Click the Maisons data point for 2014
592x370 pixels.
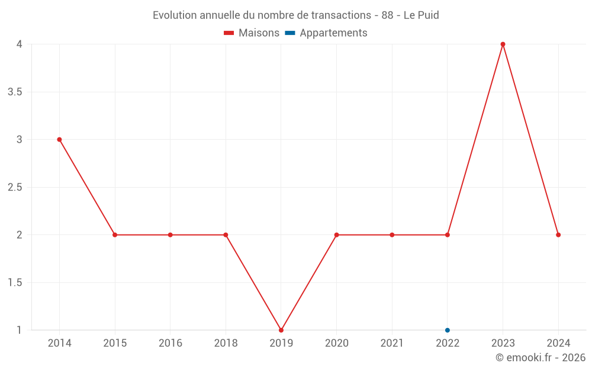59,140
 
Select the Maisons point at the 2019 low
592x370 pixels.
281,330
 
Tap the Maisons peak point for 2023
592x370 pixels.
503,44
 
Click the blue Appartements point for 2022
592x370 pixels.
448,330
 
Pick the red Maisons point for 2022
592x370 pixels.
448,235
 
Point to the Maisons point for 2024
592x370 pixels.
558,235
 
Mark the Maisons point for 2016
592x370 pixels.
170,235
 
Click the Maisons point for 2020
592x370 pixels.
337,235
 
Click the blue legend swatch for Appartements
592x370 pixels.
290,33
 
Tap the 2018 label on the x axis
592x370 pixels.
226,343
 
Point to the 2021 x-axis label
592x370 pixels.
392,343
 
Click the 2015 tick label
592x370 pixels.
115,343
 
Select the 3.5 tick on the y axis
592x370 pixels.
15,92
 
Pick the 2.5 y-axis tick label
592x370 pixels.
15,188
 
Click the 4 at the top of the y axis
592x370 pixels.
20,44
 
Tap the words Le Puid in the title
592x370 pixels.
421,15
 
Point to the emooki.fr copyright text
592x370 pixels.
540,358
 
